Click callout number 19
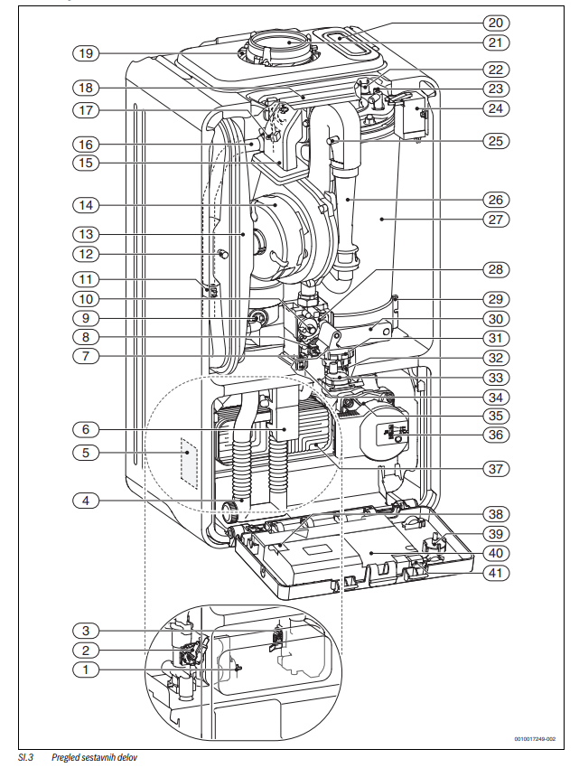(86, 53)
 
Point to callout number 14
(86, 205)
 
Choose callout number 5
(86, 453)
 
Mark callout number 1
(86, 670)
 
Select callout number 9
(86, 317)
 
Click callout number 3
(86, 630)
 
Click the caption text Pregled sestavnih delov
(95, 756)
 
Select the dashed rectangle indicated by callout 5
(189, 464)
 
